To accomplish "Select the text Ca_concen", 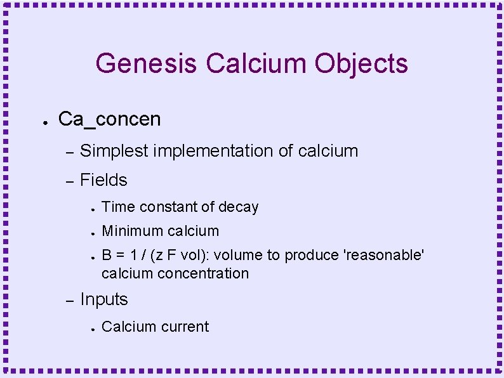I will point(109,119).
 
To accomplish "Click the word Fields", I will point(103,180).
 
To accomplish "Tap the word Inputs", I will point(104,299).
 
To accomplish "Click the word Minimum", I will point(131,231).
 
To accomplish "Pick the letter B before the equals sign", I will point(107,255).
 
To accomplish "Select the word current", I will point(187,327).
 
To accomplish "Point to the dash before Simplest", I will point(70,152).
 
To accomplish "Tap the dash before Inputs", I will point(70,301).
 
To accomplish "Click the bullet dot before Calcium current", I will point(92,329).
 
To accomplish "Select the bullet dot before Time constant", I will point(92,209).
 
